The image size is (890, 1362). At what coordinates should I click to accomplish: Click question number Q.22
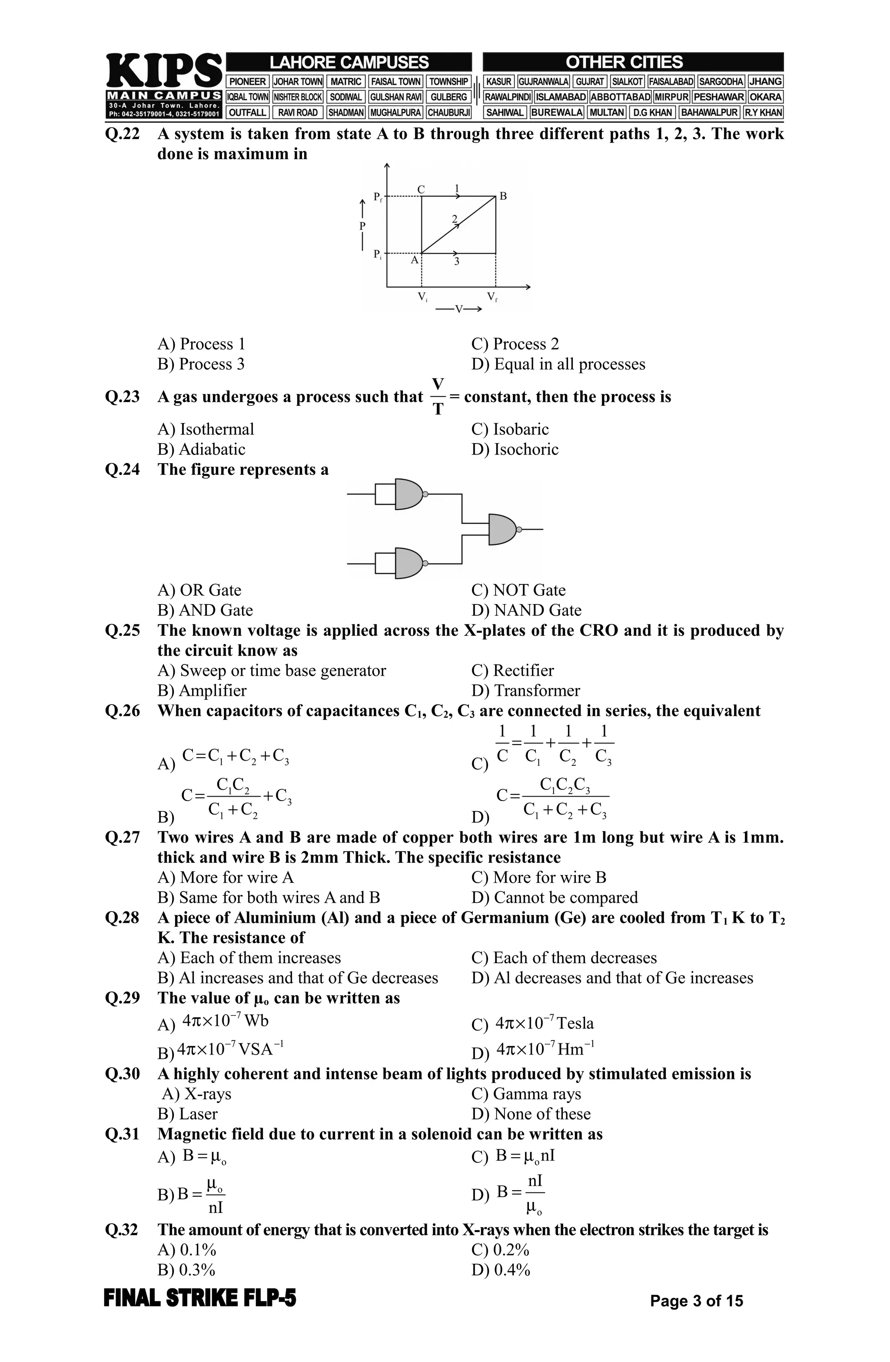point(123,134)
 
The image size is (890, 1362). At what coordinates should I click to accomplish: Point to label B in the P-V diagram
point(503,196)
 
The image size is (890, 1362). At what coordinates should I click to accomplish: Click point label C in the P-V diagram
point(421,189)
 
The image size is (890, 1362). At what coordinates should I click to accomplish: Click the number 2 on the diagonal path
point(455,219)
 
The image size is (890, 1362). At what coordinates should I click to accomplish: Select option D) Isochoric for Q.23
point(515,449)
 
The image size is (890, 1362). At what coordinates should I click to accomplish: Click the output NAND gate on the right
point(503,529)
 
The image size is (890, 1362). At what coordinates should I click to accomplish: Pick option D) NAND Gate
point(526,610)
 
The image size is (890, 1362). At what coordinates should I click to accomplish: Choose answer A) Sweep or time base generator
point(272,670)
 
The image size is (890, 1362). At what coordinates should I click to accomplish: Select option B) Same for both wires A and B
point(269,897)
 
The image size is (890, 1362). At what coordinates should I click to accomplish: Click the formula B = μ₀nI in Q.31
point(525,1156)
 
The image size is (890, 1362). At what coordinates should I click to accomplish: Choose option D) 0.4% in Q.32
point(501,1270)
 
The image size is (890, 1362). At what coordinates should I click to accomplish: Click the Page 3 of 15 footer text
point(696,1301)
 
